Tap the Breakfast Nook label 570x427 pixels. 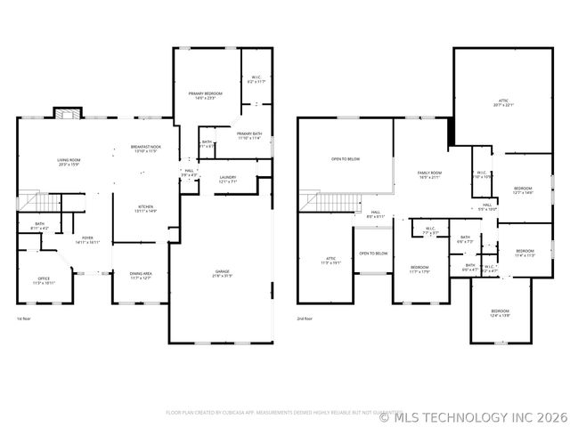click(x=145, y=149)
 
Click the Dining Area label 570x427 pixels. click(x=141, y=276)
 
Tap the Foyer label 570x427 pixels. click(x=87, y=239)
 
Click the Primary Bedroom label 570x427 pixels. click(x=205, y=95)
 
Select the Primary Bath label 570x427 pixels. click(x=249, y=136)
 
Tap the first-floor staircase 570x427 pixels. click(x=30, y=202)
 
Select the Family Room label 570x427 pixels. click(x=430, y=175)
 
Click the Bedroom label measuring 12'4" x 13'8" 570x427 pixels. click(x=500, y=313)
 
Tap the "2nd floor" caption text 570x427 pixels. click(x=305, y=318)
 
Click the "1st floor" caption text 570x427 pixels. click(x=25, y=318)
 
